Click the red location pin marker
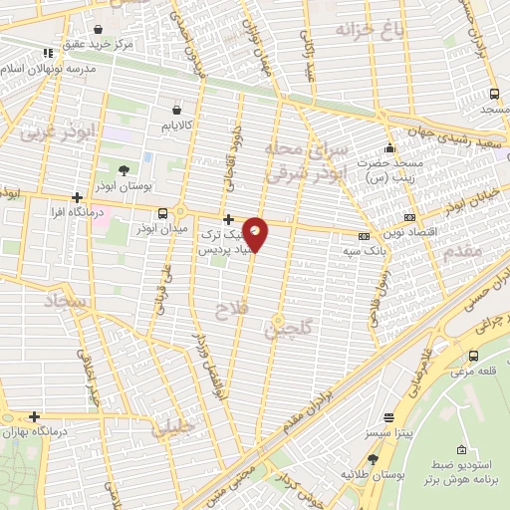click(x=256, y=233)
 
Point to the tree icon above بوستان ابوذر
click(x=123, y=170)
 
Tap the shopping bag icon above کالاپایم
click(x=176, y=109)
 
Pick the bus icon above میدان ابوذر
click(x=162, y=212)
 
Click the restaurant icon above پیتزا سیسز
click(x=388, y=417)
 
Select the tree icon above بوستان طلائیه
click(x=374, y=458)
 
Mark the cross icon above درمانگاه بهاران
click(x=35, y=416)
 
